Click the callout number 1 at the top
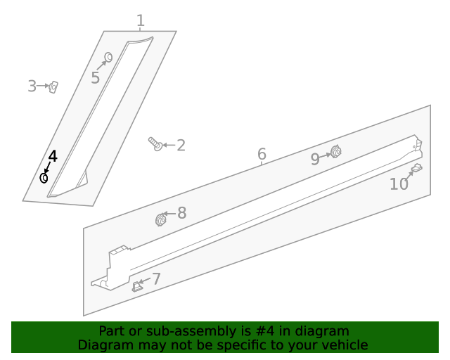coord(141,20)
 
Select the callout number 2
coord(181,146)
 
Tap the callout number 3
coord(32,86)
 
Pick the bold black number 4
coord(53,157)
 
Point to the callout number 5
coord(96,78)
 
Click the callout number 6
coord(262,154)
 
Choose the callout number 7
coord(156,278)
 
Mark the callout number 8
coord(182,213)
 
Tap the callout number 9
coord(315,159)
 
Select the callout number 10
coord(399,184)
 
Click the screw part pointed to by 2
coord(155,144)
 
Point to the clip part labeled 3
coord(53,87)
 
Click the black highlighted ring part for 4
coord(44,178)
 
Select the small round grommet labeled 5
coord(108,57)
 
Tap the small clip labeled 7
coord(136,286)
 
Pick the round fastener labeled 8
coord(161,220)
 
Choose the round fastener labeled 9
coord(335,152)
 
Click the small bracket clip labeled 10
coord(417,167)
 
